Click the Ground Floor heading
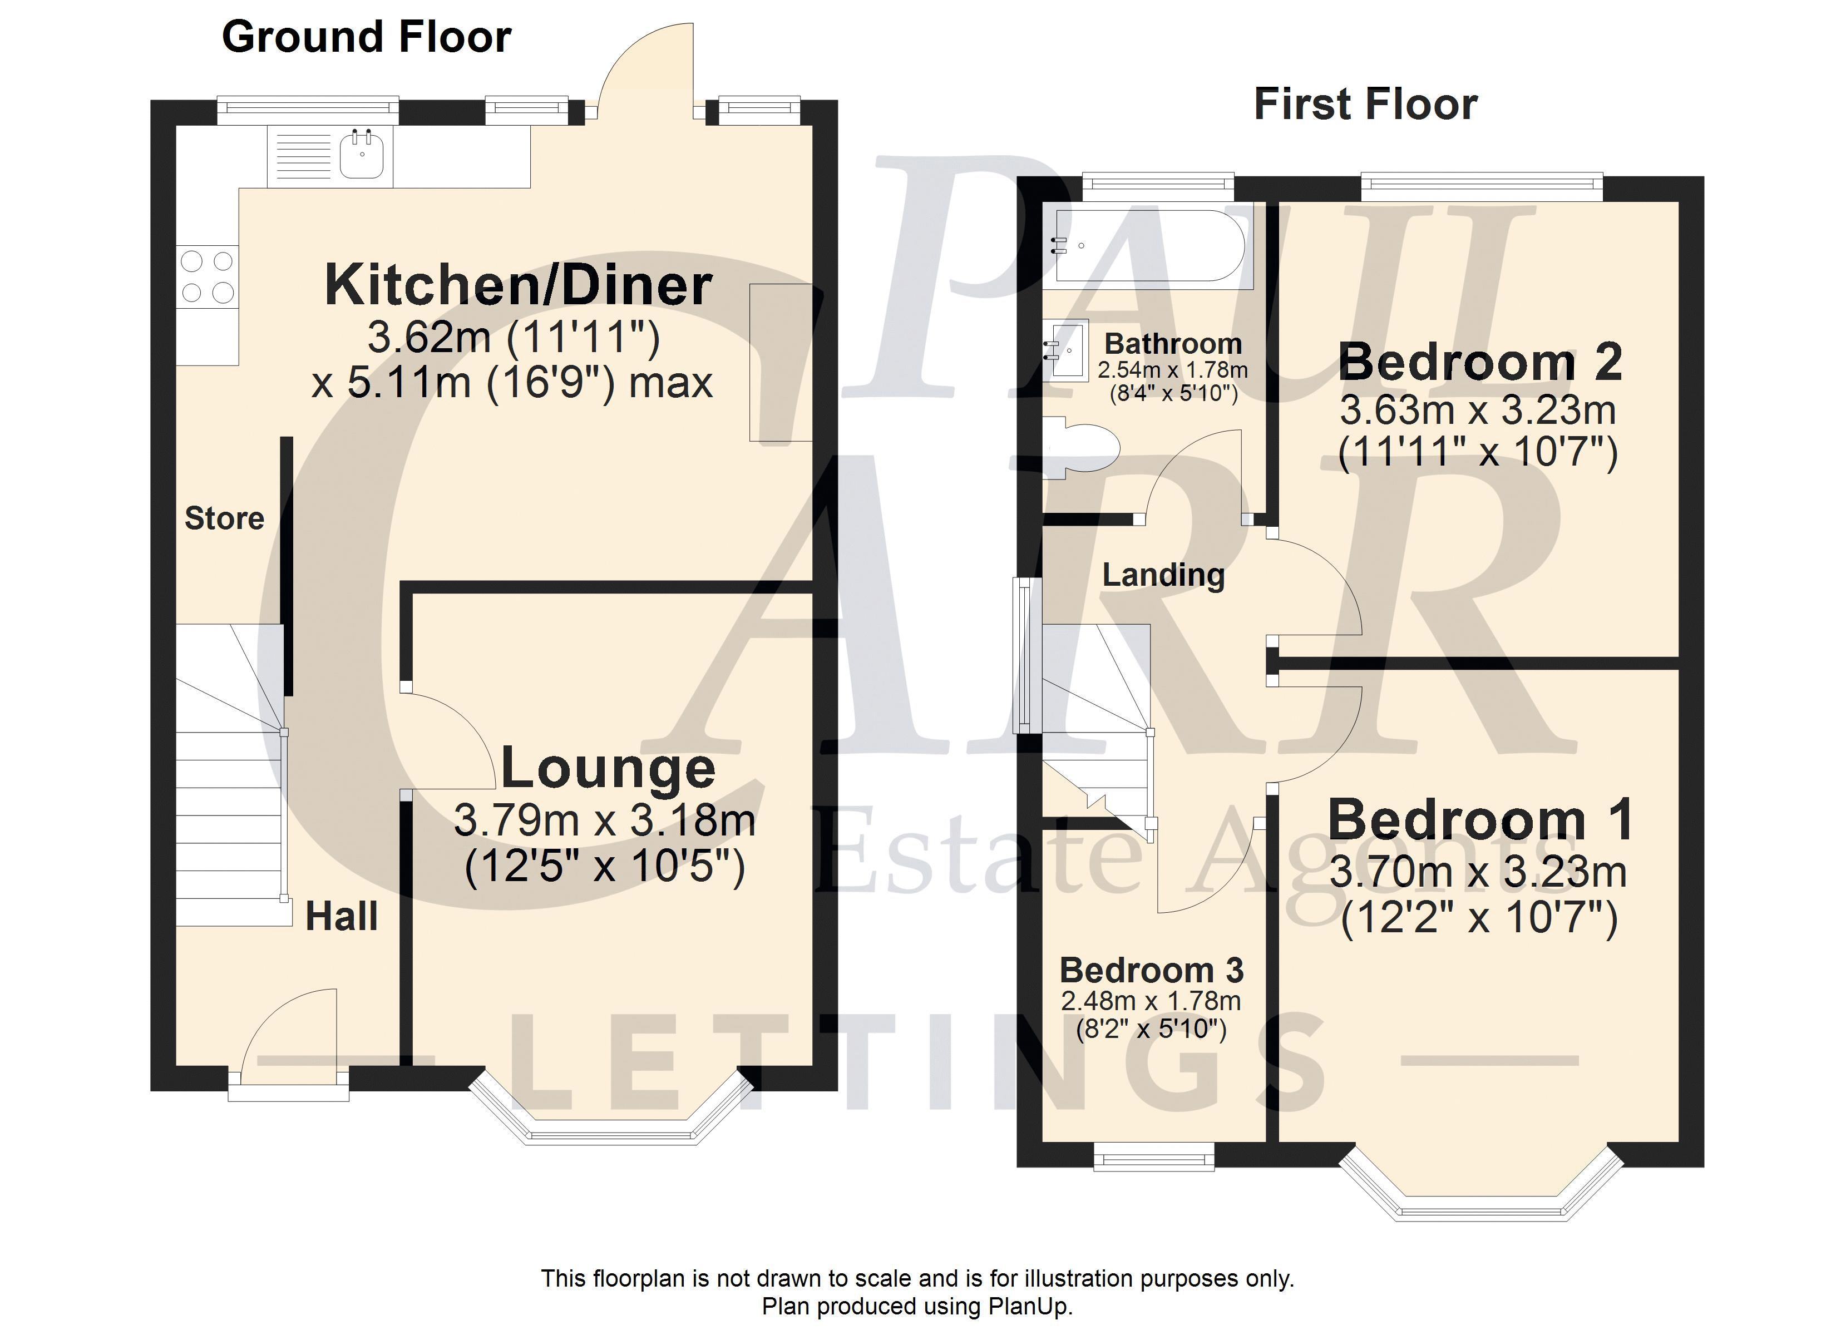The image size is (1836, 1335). [367, 37]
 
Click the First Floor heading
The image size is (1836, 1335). [1366, 105]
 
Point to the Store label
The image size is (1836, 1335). [224, 518]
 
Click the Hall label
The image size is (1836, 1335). [342, 917]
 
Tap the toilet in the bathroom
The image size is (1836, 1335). [1079, 448]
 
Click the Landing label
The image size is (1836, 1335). [1163, 576]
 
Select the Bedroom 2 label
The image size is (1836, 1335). [1480, 362]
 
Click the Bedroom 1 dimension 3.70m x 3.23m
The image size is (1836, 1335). [1478, 873]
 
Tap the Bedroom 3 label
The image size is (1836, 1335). [1151, 970]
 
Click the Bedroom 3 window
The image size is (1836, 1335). [1154, 1156]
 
